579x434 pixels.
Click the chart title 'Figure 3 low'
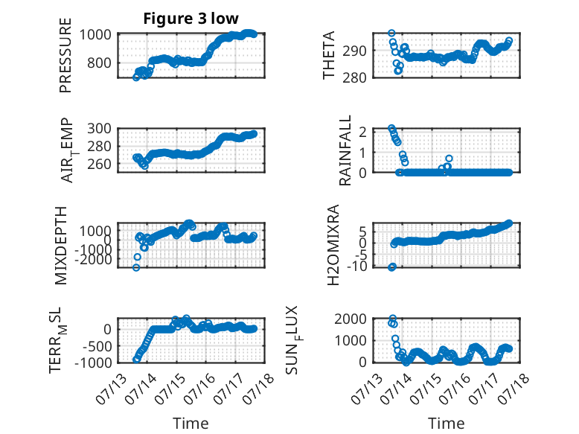click(191, 19)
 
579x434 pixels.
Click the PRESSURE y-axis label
click(65, 55)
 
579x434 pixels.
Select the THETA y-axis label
click(328, 55)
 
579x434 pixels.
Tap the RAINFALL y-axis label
click(345, 150)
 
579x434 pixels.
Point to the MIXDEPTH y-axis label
click(60, 246)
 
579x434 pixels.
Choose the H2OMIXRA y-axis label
click(333, 245)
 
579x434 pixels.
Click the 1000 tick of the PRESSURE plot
click(95, 35)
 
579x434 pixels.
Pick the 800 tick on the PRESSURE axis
click(99, 63)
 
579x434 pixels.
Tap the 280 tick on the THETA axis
click(354, 78)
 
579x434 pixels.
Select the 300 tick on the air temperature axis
click(99, 129)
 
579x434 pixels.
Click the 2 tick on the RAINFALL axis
click(362, 132)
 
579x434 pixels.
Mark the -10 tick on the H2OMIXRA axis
click(357, 266)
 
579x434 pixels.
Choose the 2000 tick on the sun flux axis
click(351, 319)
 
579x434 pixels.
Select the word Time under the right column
click(446, 424)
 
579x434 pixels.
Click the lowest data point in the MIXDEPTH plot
click(136, 267)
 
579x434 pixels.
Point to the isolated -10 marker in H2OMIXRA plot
click(391, 267)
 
